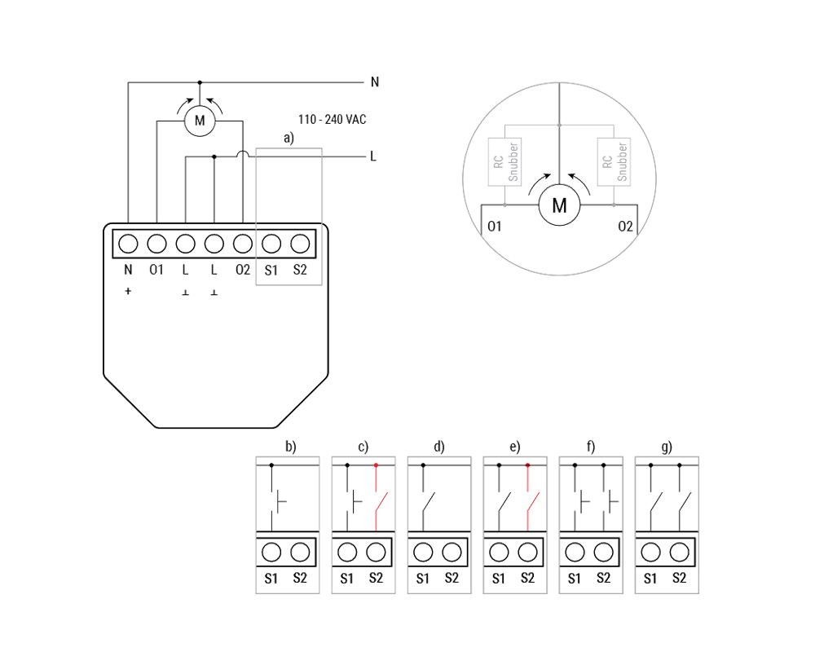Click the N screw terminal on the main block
(x=128, y=243)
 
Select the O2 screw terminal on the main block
(x=242, y=243)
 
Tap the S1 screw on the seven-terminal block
(x=271, y=243)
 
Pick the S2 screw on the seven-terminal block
(x=299, y=243)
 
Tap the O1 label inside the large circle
(x=491, y=225)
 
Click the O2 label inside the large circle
(x=626, y=225)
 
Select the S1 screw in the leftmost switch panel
(x=271, y=552)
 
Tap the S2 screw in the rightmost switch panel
(x=678, y=552)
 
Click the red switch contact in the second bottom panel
(x=375, y=499)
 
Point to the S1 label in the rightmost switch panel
(x=650, y=579)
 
